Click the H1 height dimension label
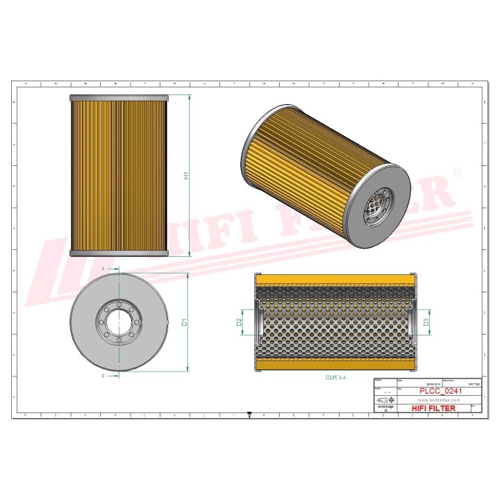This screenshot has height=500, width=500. (x=186, y=176)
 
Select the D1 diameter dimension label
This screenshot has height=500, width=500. (x=184, y=322)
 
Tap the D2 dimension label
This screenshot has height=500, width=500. (x=239, y=322)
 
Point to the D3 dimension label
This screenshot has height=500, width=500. (x=426, y=322)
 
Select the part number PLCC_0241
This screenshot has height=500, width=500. (x=440, y=392)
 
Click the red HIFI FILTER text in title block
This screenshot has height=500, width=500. (x=434, y=408)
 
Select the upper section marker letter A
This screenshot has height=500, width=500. (x=103, y=267)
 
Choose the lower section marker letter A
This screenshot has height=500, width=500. (x=103, y=376)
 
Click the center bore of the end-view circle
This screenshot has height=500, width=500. (x=119, y=322)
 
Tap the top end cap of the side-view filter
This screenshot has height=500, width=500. (x=119, y=97)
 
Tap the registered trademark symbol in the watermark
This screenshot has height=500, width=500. (x=456, y=172)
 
